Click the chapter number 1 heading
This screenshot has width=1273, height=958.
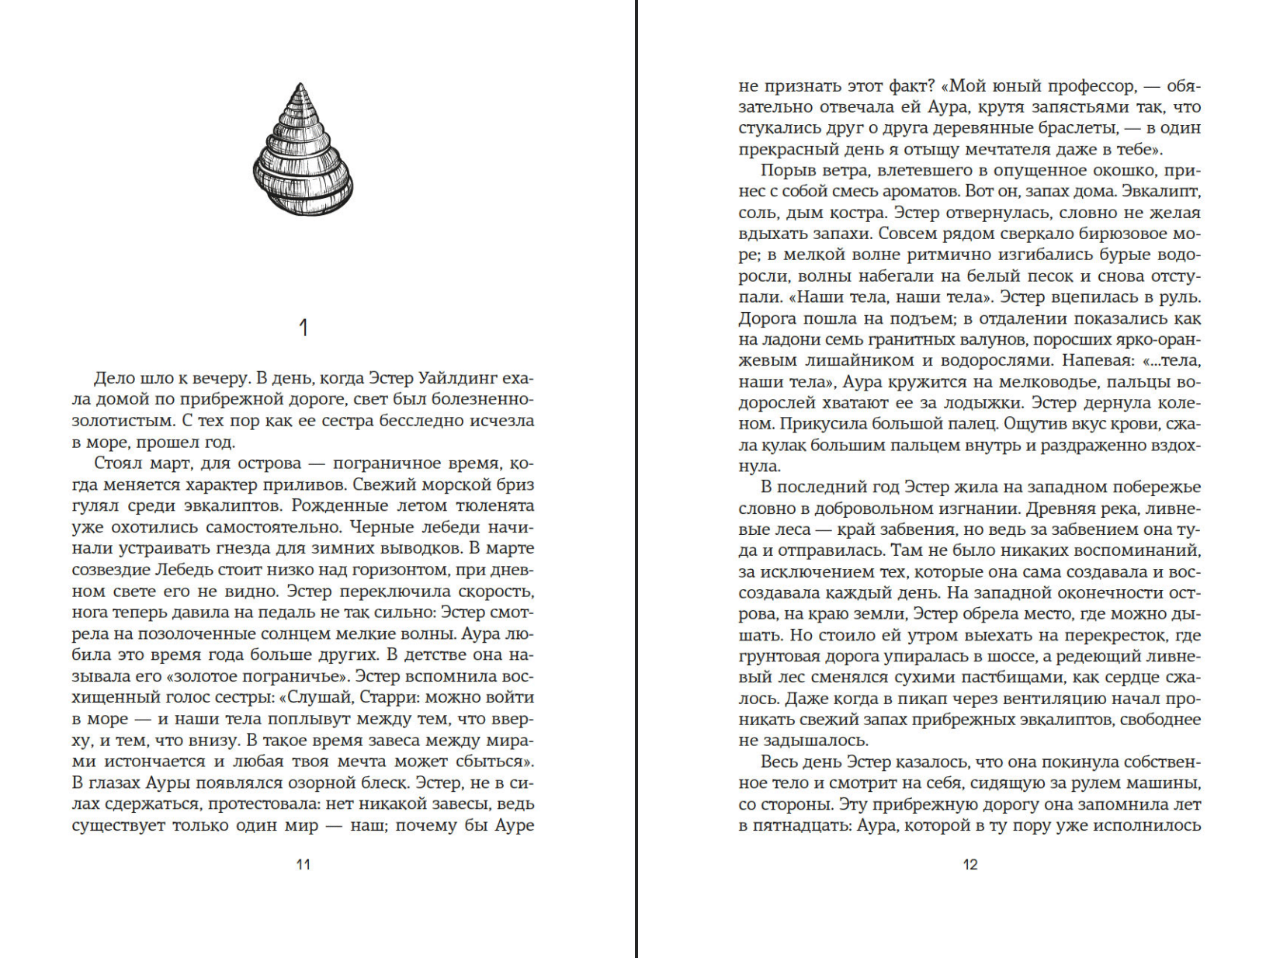point(304,328)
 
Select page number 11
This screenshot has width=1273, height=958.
point(304,865)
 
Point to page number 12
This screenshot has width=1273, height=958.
point(970,865)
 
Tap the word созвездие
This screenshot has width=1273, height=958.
point(116,570)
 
